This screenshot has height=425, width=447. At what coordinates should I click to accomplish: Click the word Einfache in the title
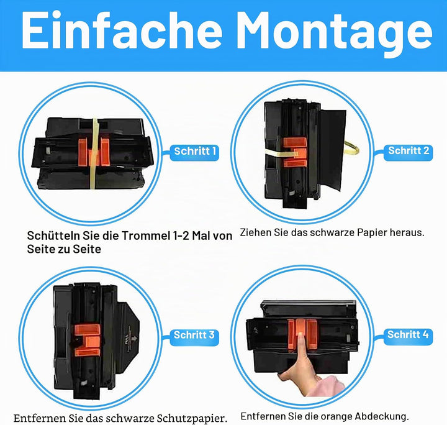click(122, 30)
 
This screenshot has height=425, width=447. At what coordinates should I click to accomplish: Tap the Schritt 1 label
click(195, 151)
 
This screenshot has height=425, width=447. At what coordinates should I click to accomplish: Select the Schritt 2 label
click(409, 150)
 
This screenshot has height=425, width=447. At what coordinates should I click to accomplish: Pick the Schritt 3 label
click(194, 335)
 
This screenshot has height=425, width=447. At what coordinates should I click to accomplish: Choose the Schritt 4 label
click(408, 334)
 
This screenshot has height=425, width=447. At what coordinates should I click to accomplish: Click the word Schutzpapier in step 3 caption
click(192, 418)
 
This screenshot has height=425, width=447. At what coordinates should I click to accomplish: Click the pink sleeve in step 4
click(330, 386)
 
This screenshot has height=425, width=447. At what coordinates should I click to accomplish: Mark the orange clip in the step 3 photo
click(88, 340)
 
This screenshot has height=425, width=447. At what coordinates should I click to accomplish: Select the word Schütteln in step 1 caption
click(53, 235)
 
